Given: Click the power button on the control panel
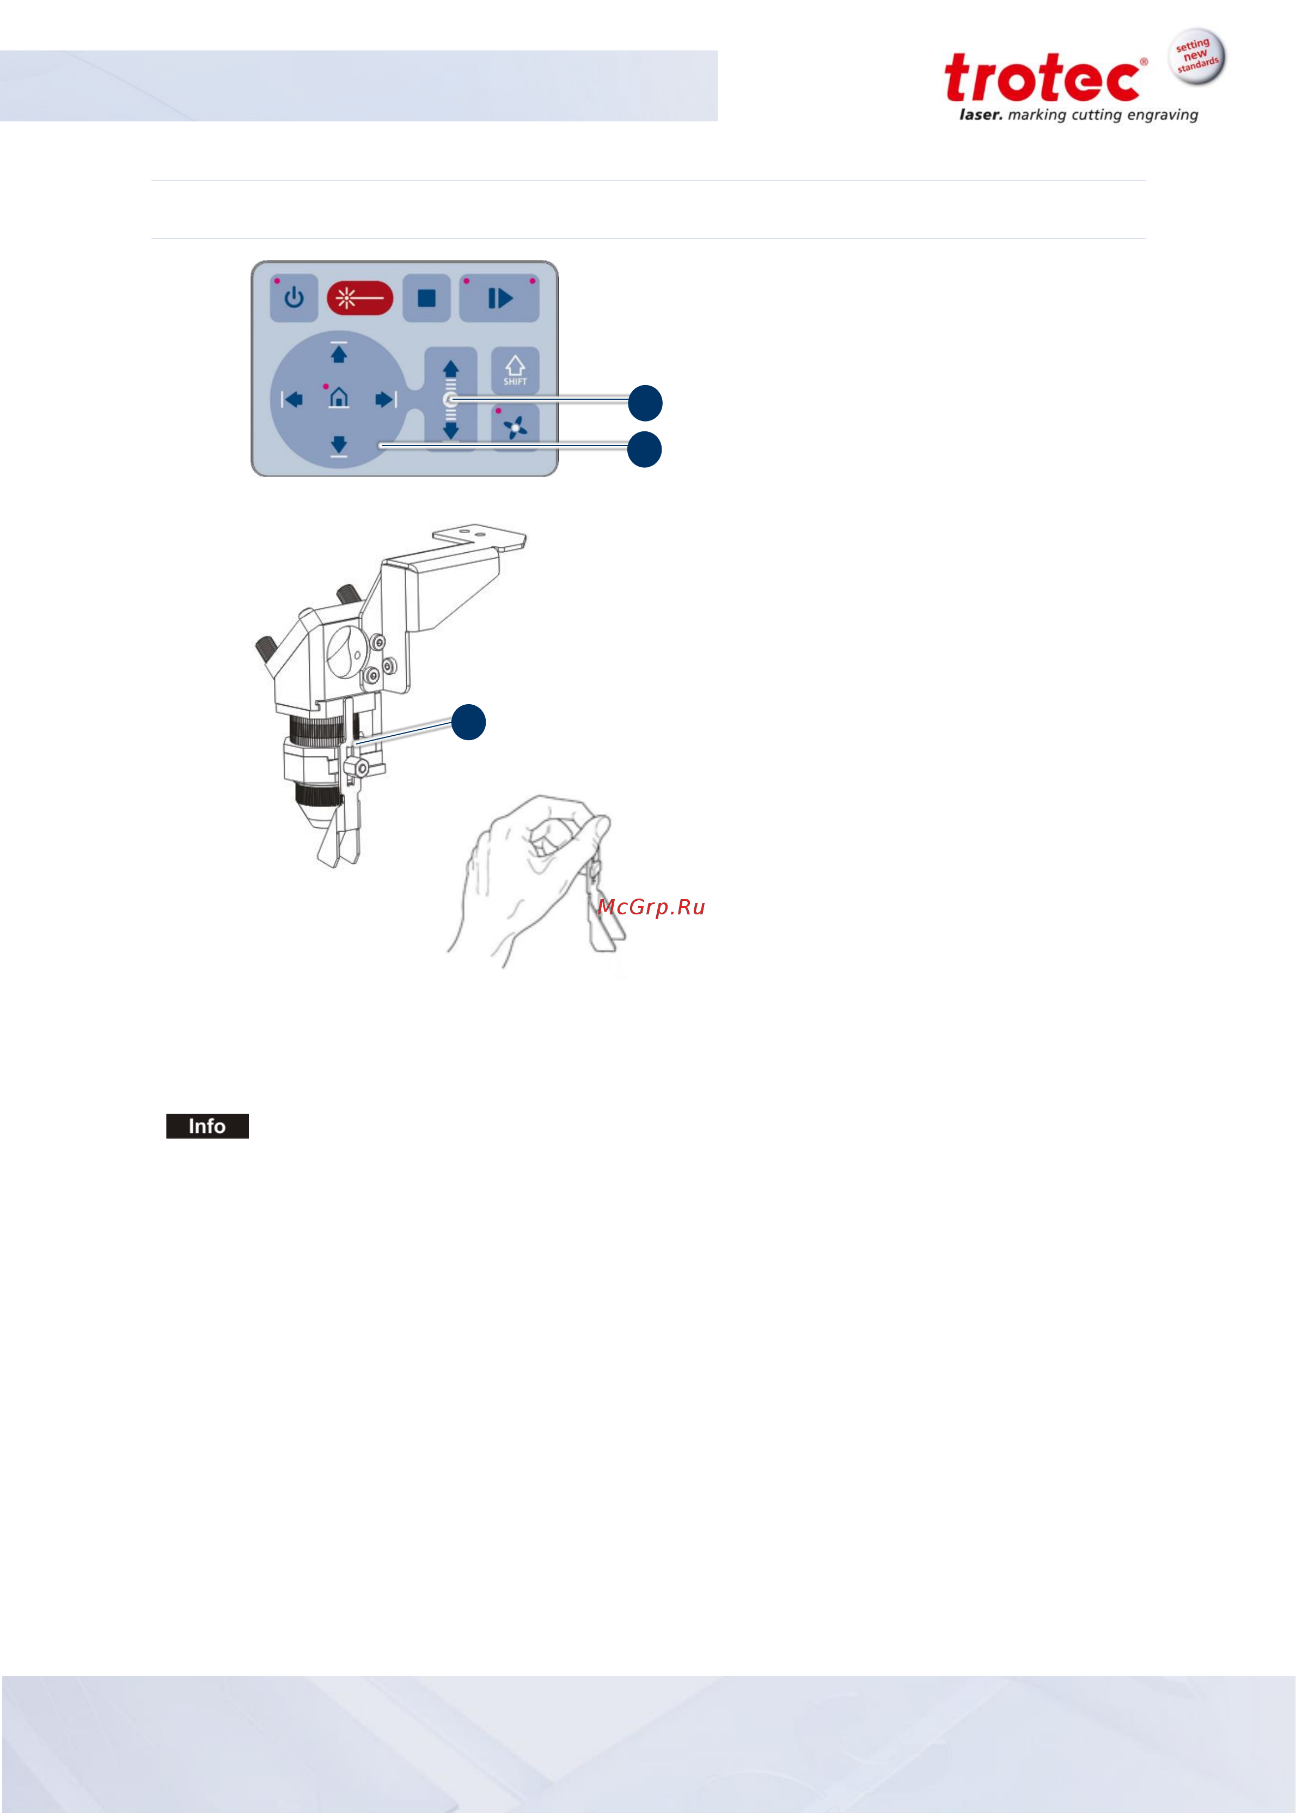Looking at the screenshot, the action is [294, 298].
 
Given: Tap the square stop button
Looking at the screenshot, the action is [427, 298].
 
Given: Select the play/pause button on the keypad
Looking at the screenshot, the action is [499, 298].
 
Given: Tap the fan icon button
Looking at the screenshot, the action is [515, 428].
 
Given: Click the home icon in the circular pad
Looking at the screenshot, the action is [338, 398].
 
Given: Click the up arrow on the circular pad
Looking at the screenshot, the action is [338, 353].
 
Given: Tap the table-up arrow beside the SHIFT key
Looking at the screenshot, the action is [451, 369].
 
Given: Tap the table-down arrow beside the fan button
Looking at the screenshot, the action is [451, 431].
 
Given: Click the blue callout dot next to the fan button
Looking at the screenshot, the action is [644, 449].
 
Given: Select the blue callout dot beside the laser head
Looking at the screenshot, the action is [468, 722].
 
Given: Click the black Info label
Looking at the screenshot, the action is [207, 1125].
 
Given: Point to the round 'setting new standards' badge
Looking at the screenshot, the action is [1197, 57].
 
